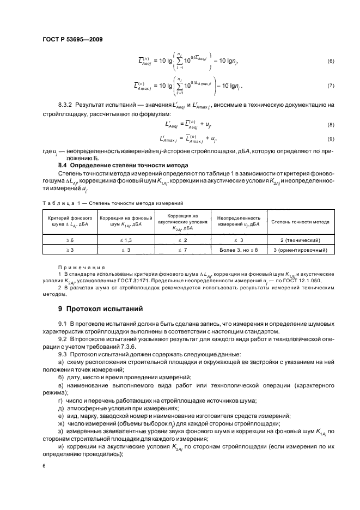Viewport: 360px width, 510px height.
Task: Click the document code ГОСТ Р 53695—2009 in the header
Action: [x=72, y=39]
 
